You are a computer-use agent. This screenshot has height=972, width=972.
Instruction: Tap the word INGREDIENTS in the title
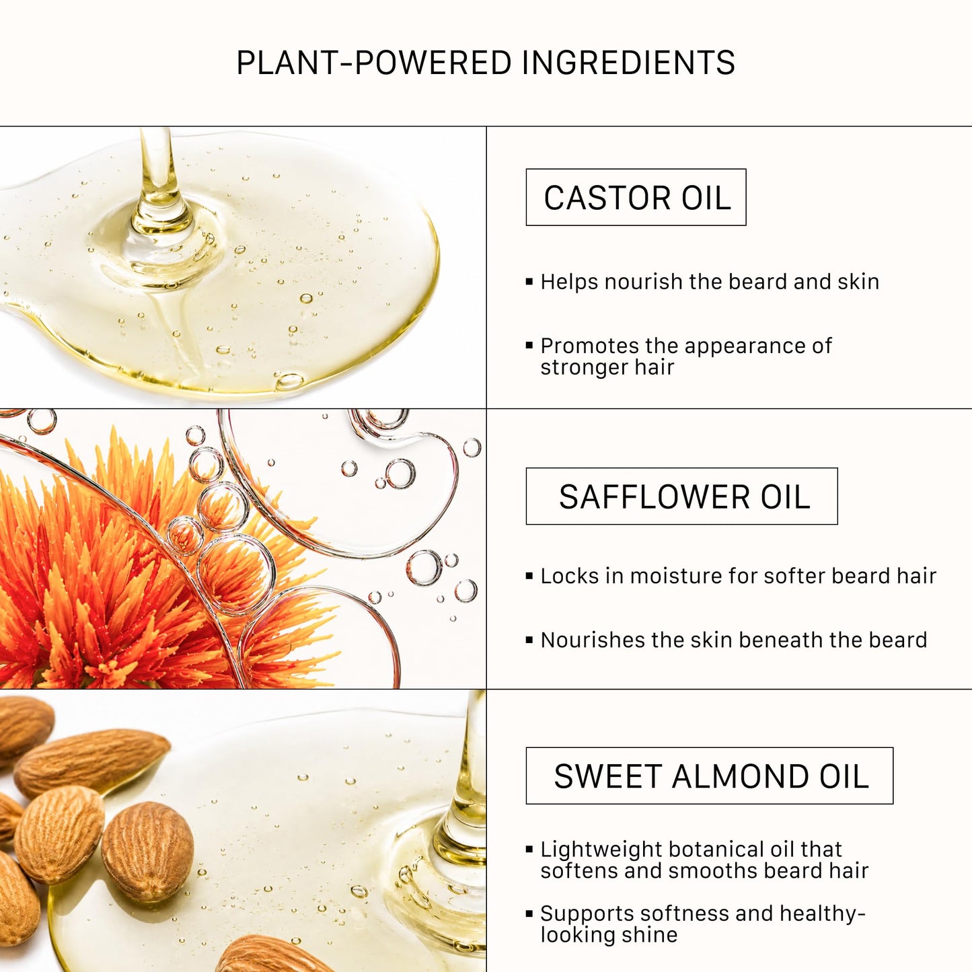pos(628,63)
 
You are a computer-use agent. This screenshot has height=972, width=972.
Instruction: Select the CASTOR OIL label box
pos(636,196)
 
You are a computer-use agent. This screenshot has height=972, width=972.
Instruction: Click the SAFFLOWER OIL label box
pos(682,496)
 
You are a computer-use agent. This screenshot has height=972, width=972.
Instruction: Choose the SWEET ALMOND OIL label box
pos(710,776)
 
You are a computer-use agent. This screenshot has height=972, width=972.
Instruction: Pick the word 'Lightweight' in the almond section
pos(601,850)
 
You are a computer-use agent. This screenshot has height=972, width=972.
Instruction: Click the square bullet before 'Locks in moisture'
pos(529,576)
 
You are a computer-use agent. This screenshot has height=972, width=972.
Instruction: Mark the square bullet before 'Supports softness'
pos(529,913)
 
